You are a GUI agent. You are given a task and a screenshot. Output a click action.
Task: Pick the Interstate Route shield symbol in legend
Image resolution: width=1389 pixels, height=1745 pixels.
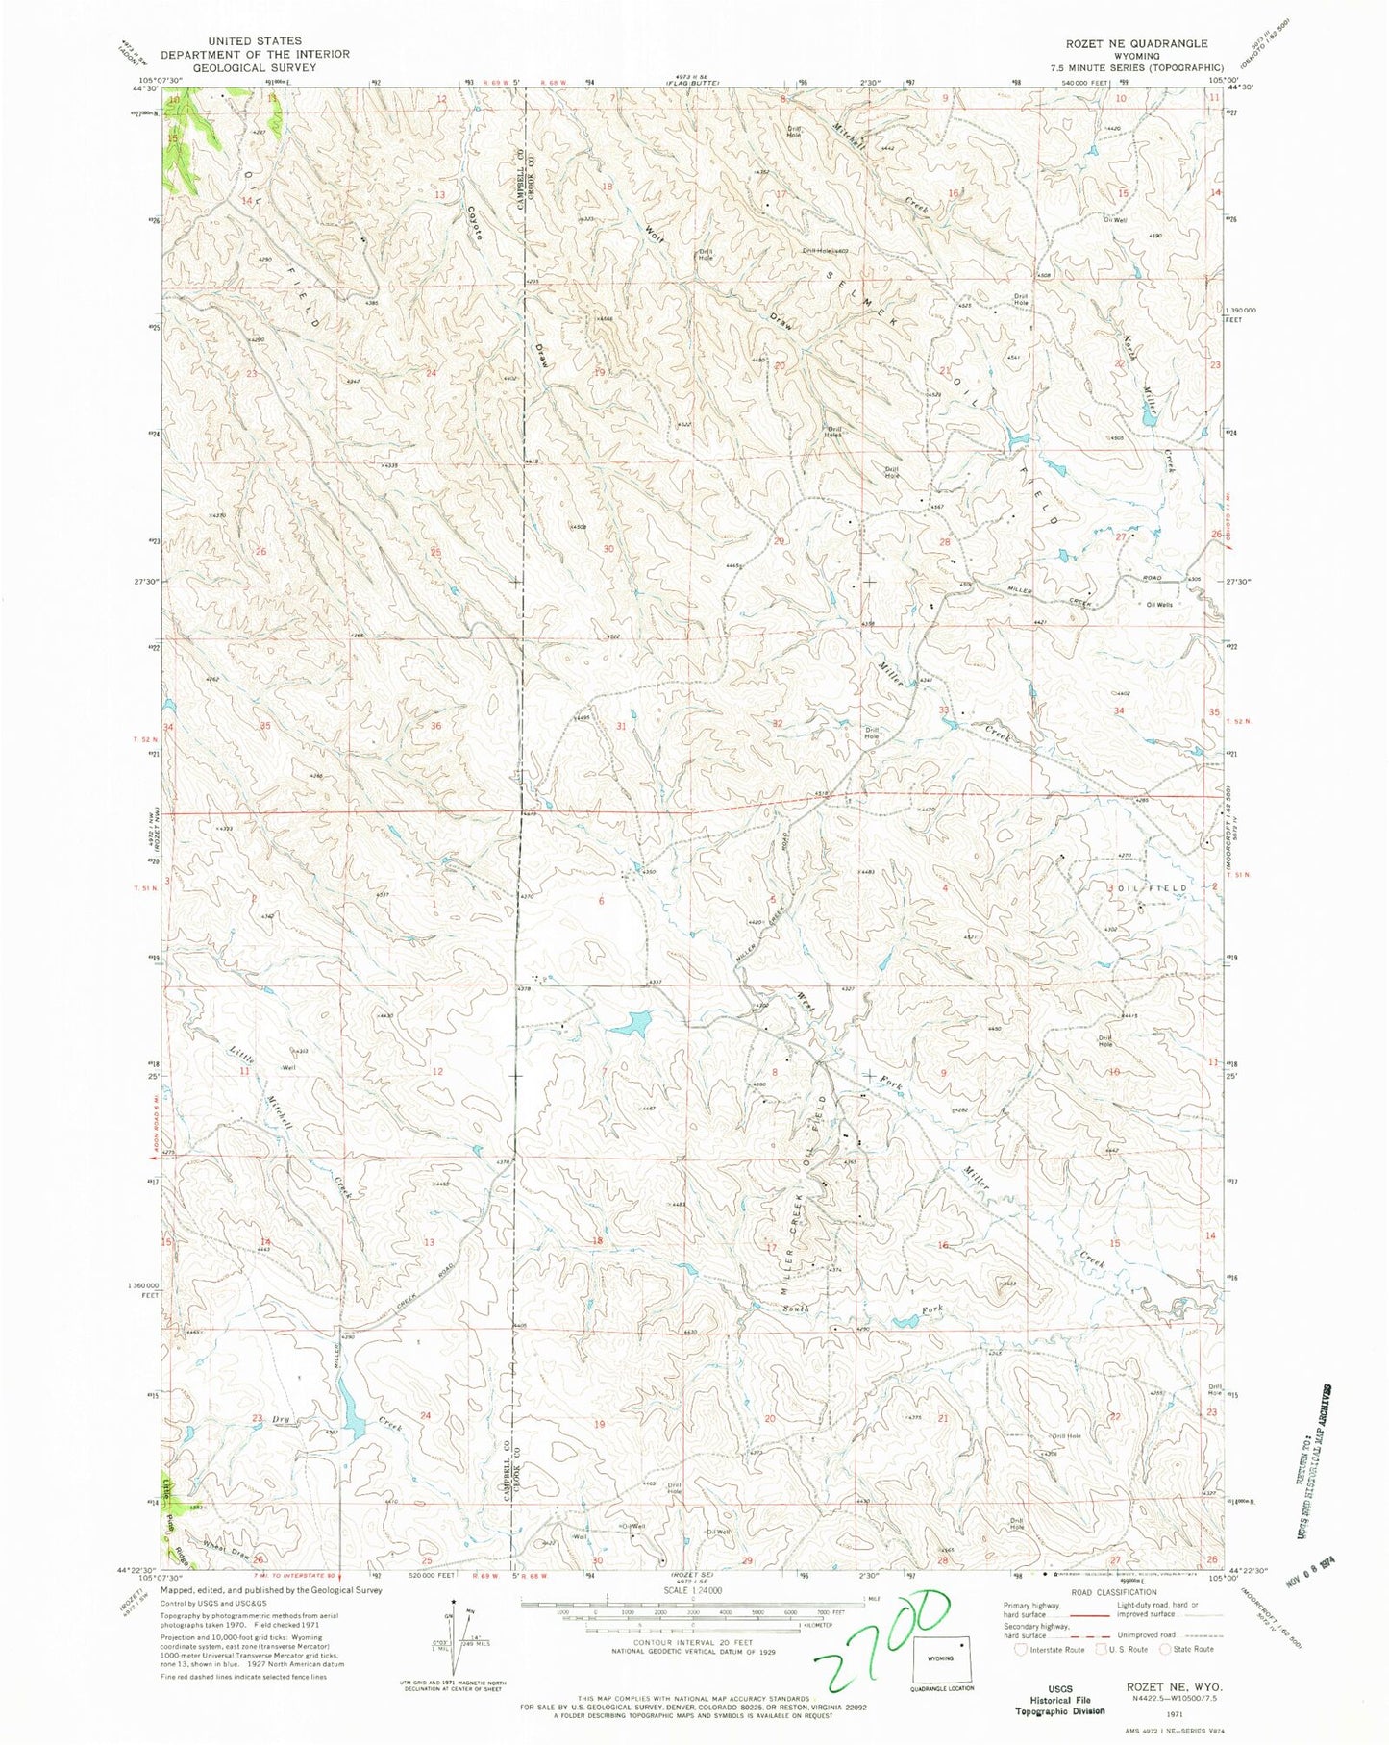pos(1021,1649)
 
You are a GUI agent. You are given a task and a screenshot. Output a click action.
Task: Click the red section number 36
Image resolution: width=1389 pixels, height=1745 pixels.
pos(435,726)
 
